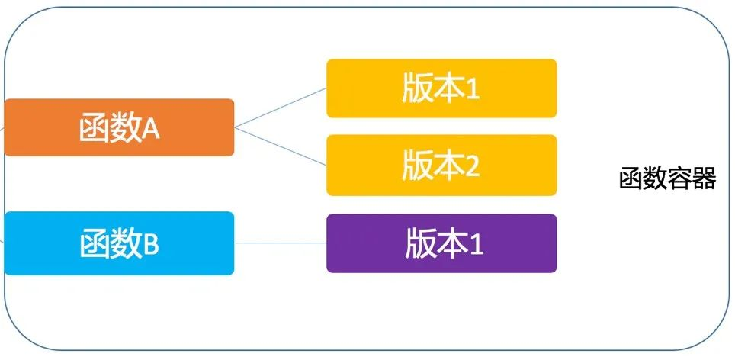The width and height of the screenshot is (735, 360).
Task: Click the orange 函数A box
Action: point(119,127)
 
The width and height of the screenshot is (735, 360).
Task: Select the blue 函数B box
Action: point(119,243)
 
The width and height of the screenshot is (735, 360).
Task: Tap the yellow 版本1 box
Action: point(441,88)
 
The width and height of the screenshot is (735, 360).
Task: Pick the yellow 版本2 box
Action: point(441,166)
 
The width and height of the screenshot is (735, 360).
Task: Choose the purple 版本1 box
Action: point(441,243)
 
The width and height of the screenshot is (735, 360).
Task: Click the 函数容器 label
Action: point(667,179)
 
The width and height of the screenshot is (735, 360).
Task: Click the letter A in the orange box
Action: point(150,129)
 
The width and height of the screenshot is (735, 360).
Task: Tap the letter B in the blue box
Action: point(150,245)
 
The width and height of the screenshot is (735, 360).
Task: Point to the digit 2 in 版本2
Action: point(472,167)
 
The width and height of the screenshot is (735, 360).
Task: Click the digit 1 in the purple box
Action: point(475,245)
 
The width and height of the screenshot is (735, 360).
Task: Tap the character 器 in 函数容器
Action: point(704,179)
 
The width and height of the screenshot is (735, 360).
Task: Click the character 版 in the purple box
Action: point(418,244)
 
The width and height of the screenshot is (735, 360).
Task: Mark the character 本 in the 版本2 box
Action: point(449,166)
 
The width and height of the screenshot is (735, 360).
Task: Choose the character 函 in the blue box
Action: point(93,244)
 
